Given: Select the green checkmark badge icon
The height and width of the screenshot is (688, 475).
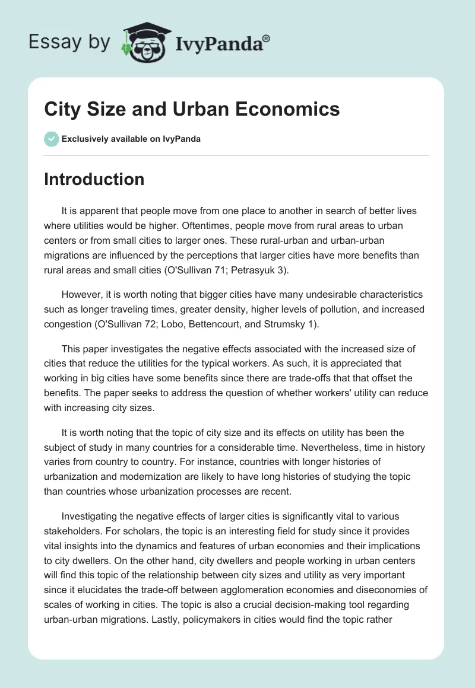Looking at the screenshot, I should (x=51, y=139).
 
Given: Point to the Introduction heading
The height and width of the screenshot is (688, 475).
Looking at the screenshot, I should (x=94, y=179).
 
